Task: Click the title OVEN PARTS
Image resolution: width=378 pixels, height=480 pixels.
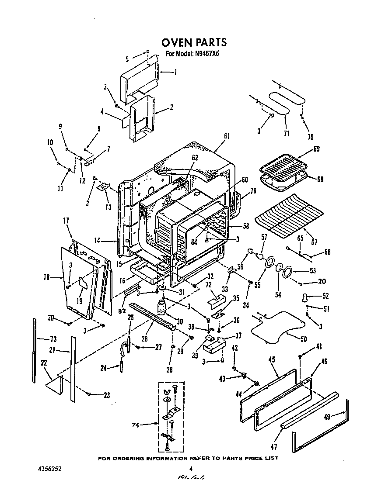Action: click(194, 42)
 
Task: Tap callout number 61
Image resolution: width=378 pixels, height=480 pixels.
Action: click(227, 136)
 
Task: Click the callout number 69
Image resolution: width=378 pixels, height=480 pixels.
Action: click(316, 149)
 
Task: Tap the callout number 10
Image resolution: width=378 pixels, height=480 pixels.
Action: click(50, 142)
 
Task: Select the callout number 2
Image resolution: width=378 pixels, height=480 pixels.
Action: click(171, 107)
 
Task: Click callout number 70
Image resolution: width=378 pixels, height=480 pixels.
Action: click(310, 137)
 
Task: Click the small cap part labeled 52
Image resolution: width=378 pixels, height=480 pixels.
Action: click(303, 298)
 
